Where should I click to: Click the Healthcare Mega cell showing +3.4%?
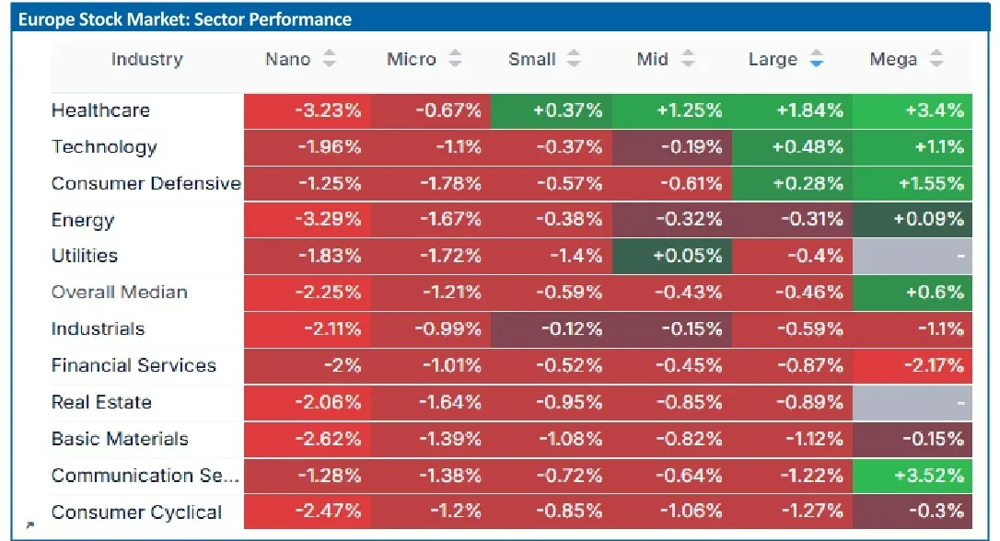pyautogui.click(x=912, y=111)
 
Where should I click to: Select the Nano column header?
pyautogui.click(x=287, y=59)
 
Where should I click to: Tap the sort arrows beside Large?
pyautogui.click(x=817, y=59)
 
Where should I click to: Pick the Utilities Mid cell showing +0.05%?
pyautogui.click(x=672, y=256)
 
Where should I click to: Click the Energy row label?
pyautogui.click(x=83, y=220)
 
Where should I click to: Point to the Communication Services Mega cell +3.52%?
pyautogui.click(x=912, y=476)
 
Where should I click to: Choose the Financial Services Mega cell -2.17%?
pyautogui.click(x=912, y=366)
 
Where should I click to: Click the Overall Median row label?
pyautogui.click(x=120, y=292)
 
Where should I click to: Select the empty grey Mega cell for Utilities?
pyautogui.click(x=912, y=256)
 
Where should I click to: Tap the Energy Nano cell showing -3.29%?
pyautogui.click(x=308, y=220)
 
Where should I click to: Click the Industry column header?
pyautogui.click(x=146, y=59)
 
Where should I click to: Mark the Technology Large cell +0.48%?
pyautogui.click(x=792, y=147)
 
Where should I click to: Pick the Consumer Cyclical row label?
pyautogui.click(x=136, y=512)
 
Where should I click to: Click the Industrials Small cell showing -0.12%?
pyautogui.click(x=552, y=329)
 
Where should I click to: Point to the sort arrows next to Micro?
pyautogui.click(x=455, y=59)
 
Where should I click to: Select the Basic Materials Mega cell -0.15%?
pyautogui.click(x=912, y=439)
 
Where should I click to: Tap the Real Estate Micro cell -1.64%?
pyautogui.click(x=431, y=403)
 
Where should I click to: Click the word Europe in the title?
pyautogui.click(x=46, y=19)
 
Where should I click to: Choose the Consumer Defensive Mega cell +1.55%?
pyautogui.click(x=912, y=183)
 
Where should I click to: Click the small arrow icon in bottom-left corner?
pyautogui.click(x=30, y=525)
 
